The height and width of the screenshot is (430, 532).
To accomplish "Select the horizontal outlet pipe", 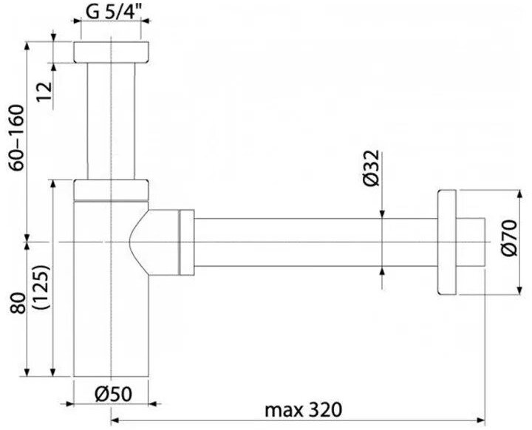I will (x=310, y=242).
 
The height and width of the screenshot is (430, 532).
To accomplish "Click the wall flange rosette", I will (x=446, y=242).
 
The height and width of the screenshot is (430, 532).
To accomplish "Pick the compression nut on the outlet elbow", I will (x=186, y=242).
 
